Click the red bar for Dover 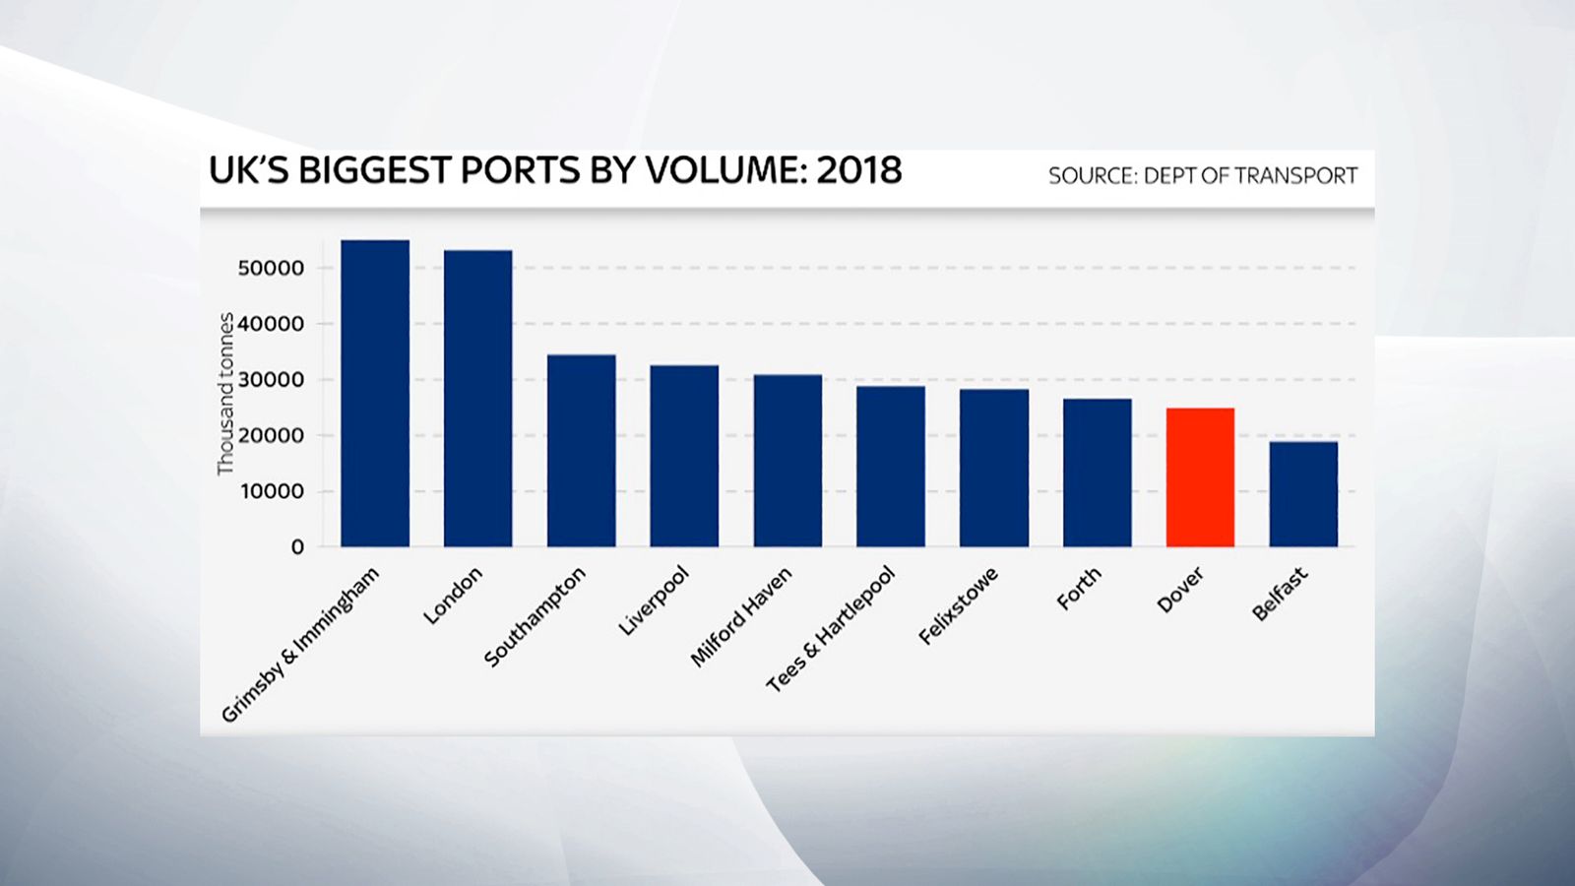click(x=1200, y=477)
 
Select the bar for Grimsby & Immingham click(x=374, y=394)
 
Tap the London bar click(x=477, y=399)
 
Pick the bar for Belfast click(x=1303, y=494)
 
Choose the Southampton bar click(x=581, y=451)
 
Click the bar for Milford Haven click(x=787, y=461)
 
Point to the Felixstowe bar click(x=994, y=468)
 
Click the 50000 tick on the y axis click(x=272, y=268)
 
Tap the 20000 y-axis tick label click(x=272, y=435)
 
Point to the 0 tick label click(x=297, y=547)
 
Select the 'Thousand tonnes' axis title click(x=226, y=394)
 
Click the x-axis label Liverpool click(x=654, y=601)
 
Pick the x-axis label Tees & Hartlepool click(x=831, y=629)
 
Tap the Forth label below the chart click(x=1079, y=589)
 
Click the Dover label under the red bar click(x=1180, y=590)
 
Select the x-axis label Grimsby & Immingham click(x=299, y=646)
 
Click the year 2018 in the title click(x=859, y=170)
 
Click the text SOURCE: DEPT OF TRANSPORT click(x=1202, y=176)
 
